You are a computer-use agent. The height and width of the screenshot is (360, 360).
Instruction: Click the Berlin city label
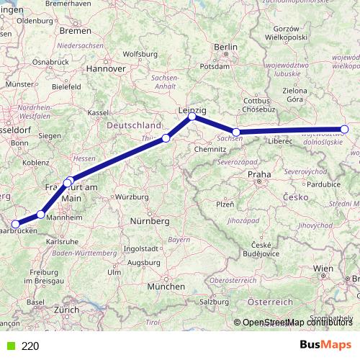click(x=225, y=47)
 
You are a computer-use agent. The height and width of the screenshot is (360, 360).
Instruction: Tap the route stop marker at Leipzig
click(x=192, y=117)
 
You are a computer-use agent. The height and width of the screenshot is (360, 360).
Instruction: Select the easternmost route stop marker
click(x=344, y=130)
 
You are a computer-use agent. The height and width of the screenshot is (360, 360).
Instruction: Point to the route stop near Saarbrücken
click(x=14, y=224)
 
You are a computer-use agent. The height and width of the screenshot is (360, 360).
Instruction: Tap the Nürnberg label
click(x=150, y=220)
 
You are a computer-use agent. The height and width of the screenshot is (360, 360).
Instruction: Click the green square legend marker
click(x=10, y=346)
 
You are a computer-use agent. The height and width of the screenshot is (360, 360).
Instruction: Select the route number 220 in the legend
click(x=30, y=346)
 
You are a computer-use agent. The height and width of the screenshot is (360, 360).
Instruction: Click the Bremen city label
click(x=76, y=31)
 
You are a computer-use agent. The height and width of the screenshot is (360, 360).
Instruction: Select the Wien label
click(x=323, y=268)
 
